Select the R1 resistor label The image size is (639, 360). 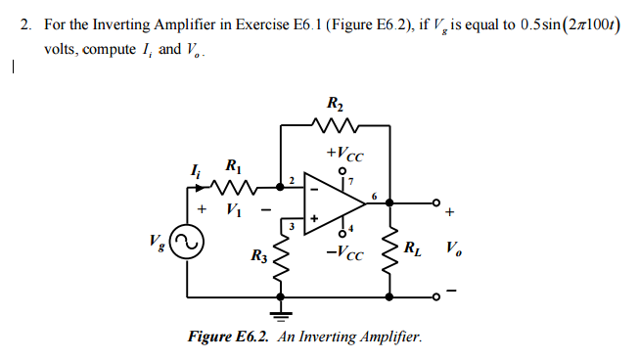point(232,164)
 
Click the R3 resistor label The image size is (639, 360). point(257,257)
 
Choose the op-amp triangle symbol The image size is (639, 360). point(333,200)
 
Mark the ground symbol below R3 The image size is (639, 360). point(283,315)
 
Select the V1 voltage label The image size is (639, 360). point(232,208)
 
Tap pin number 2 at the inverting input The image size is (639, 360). point(291,179)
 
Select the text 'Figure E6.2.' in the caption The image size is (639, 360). point(230,337)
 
